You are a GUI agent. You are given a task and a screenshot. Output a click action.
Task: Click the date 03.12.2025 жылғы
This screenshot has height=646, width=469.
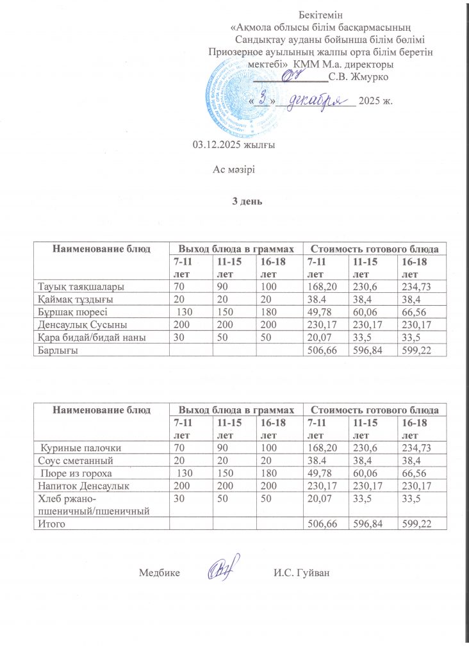(x=234, y=145)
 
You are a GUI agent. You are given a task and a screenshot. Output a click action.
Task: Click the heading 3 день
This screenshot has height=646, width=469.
(x=247, y=201)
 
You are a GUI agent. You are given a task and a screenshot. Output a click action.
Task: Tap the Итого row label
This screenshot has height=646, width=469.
(x=53, y=524)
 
